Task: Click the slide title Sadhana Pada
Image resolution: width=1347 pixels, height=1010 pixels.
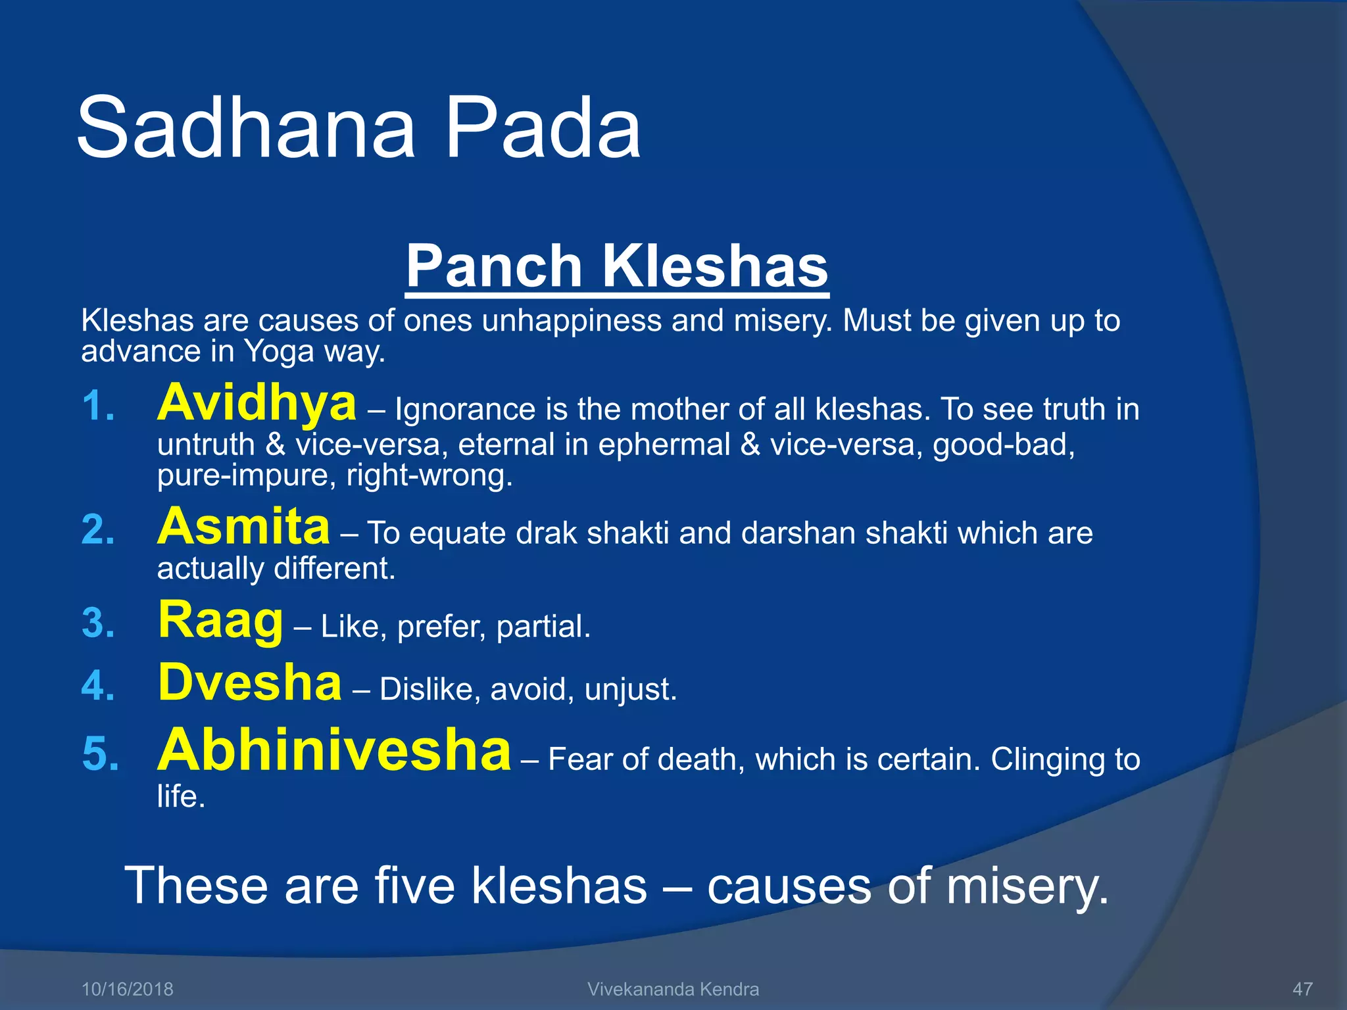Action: (x=358, y=128)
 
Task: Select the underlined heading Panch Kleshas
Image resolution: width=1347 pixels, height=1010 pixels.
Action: (x=617, y=266)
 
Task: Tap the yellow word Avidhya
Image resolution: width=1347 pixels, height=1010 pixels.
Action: (x=257, y=402)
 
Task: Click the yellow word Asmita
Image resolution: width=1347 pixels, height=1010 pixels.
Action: (x=243, y=527)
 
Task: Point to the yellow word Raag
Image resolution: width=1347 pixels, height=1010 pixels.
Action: (x=220, y=621)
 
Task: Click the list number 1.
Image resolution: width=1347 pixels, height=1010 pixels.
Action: (x=99, y=406)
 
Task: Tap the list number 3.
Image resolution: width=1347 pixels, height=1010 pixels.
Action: (x=99, y=623)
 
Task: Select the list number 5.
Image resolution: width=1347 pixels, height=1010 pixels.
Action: (x=100, y=754)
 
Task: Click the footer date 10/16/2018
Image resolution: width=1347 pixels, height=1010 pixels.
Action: (x=127, y=989)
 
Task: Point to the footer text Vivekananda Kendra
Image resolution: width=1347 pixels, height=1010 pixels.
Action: (x=673, y=989)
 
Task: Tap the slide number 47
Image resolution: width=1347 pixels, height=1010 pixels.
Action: (x=1302, y=989)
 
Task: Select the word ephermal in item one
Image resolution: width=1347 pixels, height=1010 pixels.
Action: (x=664, y=445)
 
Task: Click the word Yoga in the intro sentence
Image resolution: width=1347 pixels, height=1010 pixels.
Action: (x=279, y=352)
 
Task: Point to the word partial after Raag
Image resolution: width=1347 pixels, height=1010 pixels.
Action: (x=543, y=627)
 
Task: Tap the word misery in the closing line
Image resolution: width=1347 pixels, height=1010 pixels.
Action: (x=1026, y=886)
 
